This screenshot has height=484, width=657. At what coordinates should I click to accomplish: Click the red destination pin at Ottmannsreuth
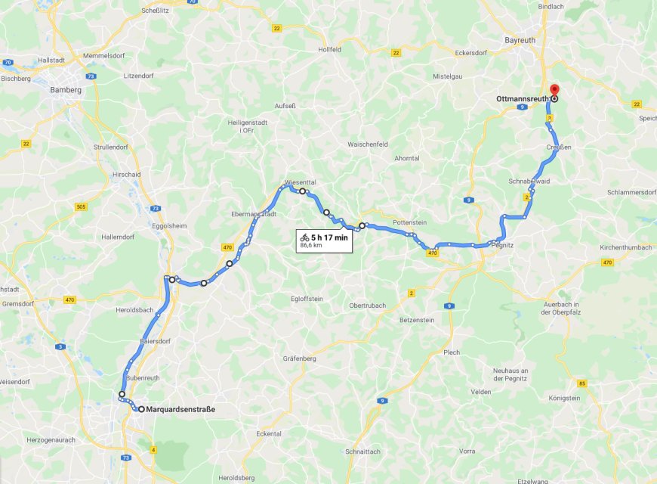pyautogui.click(x=554, y=90)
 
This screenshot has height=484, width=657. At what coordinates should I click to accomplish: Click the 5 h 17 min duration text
pyautogui.click(x=329, y=237)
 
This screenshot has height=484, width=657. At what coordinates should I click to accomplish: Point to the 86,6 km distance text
pyautogui.click(x=311, y=246)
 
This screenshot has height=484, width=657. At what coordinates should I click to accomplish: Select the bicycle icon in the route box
pyautogui.click(x=304, y=237)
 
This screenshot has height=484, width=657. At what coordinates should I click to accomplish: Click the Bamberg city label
pyautogui.click(x=66, y=90)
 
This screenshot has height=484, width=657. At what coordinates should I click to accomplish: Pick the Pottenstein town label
pyautogui.click(x=409, y=223)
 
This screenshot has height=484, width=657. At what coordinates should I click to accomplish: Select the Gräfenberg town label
pyautogui.click(x=299, y=358)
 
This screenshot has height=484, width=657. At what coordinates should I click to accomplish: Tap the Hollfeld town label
pyautogui.click(x=330, y=49)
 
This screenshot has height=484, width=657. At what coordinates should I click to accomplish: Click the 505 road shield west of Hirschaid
pyautogui.click(x=81, y=206)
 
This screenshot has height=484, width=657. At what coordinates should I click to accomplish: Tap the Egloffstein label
pyautogui.click(x=307, y=299)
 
